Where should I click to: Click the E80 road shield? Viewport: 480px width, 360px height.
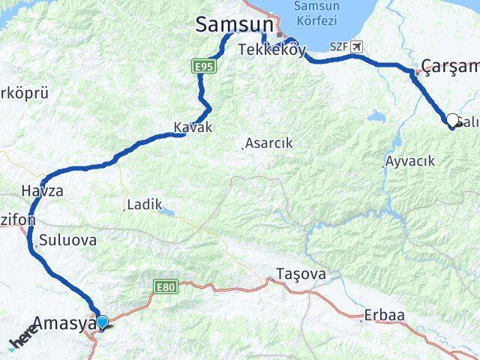point(165,286)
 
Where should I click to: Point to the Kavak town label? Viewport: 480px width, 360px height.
point(193,127)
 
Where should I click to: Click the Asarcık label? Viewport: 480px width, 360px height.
point(271,142)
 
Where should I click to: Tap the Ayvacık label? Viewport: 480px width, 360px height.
point(409,161)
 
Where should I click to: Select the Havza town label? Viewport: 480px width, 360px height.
point(43,190)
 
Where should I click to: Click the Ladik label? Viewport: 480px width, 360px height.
point(144,204)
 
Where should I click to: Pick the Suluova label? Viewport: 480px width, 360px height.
point(67,241)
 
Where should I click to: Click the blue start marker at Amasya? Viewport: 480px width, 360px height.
point(103,322)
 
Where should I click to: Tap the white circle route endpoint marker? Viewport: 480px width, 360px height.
point(452,119)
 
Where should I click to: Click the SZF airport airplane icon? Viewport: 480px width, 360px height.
point(356,46)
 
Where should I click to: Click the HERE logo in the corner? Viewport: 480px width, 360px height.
point(22,341)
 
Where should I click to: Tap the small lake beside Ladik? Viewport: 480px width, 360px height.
point(168,213)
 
